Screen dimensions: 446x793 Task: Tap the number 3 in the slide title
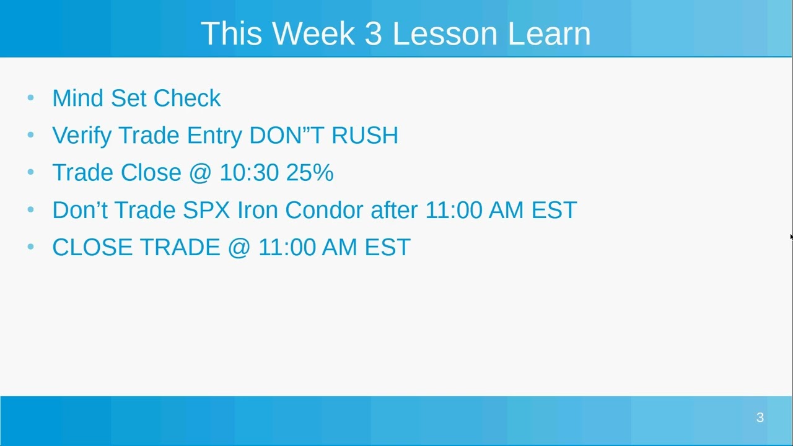coord(373,33)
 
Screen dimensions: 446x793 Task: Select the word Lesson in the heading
coord(444,33)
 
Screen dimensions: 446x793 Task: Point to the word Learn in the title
coord(549,33)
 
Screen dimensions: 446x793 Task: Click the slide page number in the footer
coord(760,418)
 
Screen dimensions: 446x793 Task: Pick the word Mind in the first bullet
coord(78,98)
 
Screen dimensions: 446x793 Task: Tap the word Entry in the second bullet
coord(214,136)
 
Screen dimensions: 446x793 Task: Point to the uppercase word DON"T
coord(286,136)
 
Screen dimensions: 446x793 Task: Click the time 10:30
coord(249,173)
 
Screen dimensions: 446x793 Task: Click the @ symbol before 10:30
coord(200,173)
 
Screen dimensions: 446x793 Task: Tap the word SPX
coord(206,210)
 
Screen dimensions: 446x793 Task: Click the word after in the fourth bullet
coord(394,210)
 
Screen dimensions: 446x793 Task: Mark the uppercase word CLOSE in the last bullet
coord(92,247)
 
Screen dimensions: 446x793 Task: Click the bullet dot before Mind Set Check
coord(31,98)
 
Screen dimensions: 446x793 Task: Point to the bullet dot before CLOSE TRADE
coord(31,247)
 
